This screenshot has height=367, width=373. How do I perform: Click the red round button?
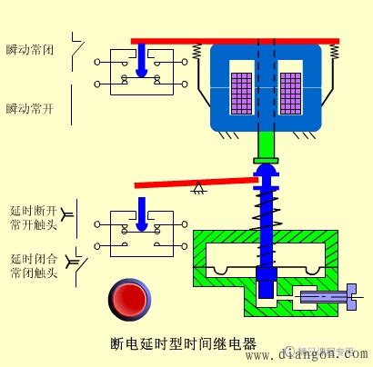pyautogui.click(x=127, y=298)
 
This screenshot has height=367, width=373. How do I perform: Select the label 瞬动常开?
pyautogui.click(x=31, y=108)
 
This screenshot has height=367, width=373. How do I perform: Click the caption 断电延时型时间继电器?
pyautogui.click(x=182, y=345)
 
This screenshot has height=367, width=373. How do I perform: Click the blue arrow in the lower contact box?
pyautogui.click(x=139, y=222)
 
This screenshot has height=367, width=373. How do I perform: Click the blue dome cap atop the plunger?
pyautogui.click(x=266, y=170)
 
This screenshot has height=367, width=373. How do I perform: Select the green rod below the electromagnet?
pyautogui.click(x=266, y=143)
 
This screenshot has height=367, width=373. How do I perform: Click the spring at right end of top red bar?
pyautogui.click(x=335, y=54)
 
